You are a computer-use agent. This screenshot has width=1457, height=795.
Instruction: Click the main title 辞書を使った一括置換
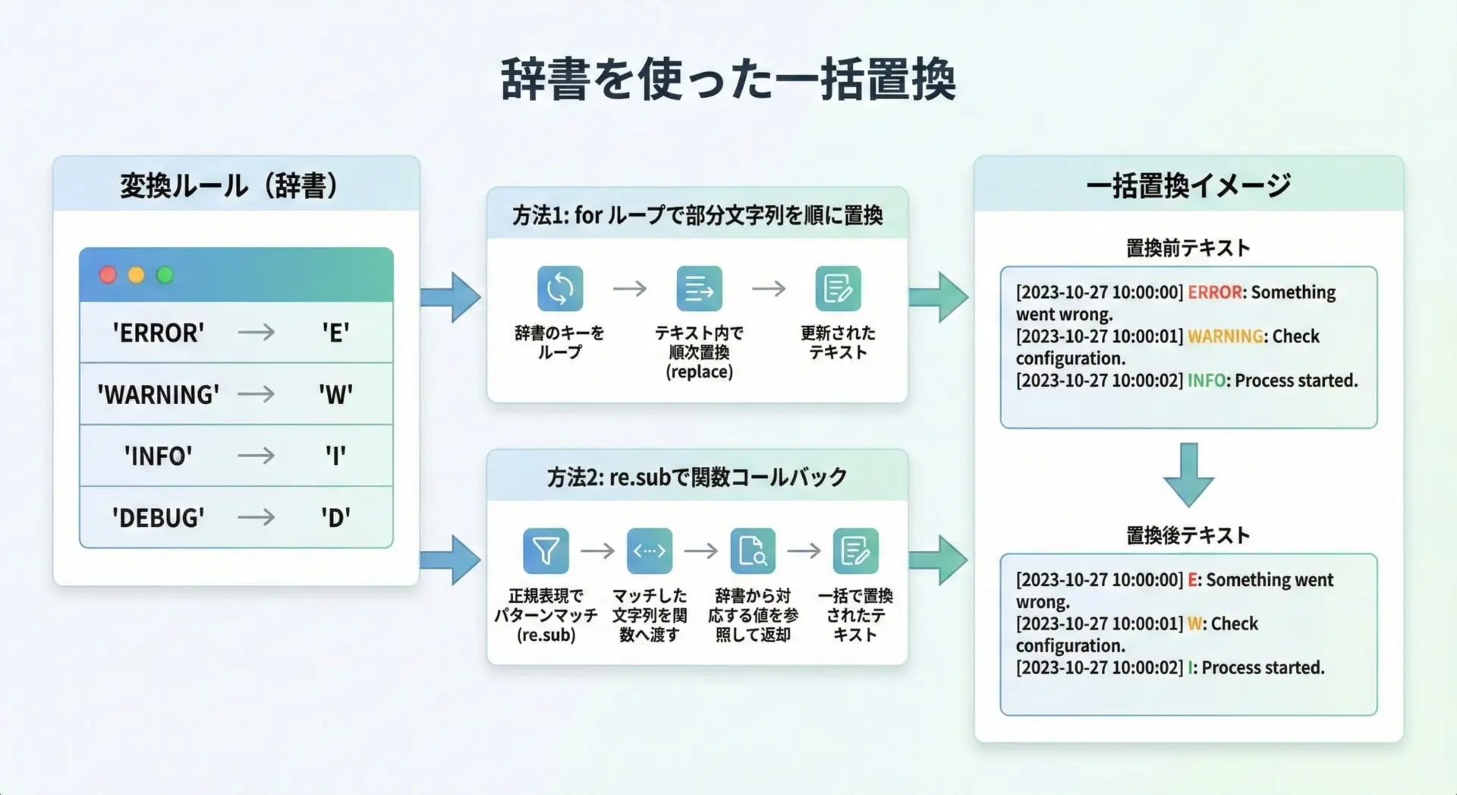tap(728, 79)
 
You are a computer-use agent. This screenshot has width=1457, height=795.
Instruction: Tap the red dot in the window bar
tap(108, 275)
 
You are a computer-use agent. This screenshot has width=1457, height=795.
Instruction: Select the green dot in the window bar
tap(165, 275)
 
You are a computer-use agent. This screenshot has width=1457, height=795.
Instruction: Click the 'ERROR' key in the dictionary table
tap(158, 333)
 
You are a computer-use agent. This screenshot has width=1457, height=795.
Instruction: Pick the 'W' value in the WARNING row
tap(335, 394)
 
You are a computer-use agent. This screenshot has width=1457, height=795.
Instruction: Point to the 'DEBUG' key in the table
tap(158, 517)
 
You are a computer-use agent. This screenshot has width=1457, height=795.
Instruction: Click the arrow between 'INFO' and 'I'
tap(256, 456)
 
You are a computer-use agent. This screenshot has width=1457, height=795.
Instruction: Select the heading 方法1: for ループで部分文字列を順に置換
tap(697, 216)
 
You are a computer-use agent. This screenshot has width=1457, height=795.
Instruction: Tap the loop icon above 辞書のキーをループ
tap(560, 289)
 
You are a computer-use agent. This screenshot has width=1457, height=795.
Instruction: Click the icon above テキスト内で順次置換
tap(699, 289)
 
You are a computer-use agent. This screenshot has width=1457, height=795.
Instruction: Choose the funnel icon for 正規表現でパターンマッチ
tap(546, 551)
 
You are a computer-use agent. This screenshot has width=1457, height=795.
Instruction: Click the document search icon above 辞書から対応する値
tap(753, 551)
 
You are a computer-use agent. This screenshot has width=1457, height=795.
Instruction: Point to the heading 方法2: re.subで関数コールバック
tap(697, 477)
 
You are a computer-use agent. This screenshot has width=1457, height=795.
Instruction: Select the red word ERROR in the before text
tap(1214, 292)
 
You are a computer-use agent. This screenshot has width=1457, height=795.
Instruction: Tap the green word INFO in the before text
tap(1206, 380)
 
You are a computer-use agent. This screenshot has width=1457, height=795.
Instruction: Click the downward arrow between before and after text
tap(1188, 475)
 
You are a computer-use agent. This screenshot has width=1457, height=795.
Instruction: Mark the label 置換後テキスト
tap(1188, 535)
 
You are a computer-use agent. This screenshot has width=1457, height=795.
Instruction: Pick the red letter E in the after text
tap(1192, 580)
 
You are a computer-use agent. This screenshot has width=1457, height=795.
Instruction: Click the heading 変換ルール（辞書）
tap(228, 185)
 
